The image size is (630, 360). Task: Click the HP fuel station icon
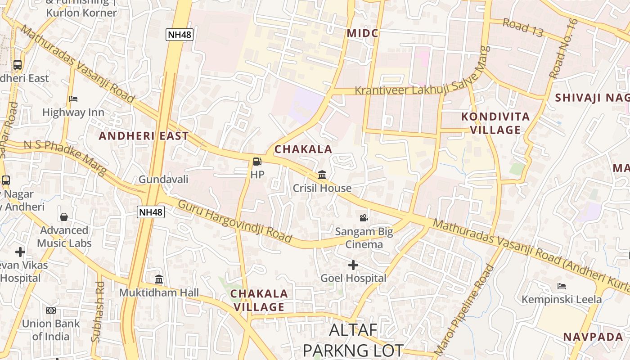pyautogui.click(x=257, y=161)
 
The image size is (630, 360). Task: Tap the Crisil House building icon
pyautogui.click(x=322, y=175)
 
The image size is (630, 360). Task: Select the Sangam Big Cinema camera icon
pyautogui.click(x=364, y=218)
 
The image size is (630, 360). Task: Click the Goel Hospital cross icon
pyautogui.click(x=353, y=265)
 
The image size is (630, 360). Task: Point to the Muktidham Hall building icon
pyautogui.click(x=159, y=279)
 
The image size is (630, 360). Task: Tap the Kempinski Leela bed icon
pyautogui.click(x=561, y=286)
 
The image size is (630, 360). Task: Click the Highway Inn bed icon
pyautogui.click(x=73, y=99)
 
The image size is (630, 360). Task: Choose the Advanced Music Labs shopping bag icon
pyautogui.click(x=64, y=217)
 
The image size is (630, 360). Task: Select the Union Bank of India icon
pyautogui.click(x=51, y=310)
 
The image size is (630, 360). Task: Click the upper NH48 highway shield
pyautogui.click(x=179, y=35)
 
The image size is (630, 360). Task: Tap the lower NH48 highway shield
pyautogui.click(x=151, y=212)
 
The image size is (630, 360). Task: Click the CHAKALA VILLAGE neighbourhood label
pyautogui.click(x=259, y=300)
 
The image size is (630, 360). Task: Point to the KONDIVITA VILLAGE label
pyautogui.click(x=495, y=123)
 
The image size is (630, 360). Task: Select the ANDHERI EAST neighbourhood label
pyautogui.click(x=144, y=136)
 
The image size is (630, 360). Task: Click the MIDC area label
pyautogui.click(x=362, y=33)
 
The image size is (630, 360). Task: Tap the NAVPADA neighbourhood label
pyautogui.click(x=593, y=337)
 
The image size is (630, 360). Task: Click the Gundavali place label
pyautogui.click(x=163, y=180)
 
